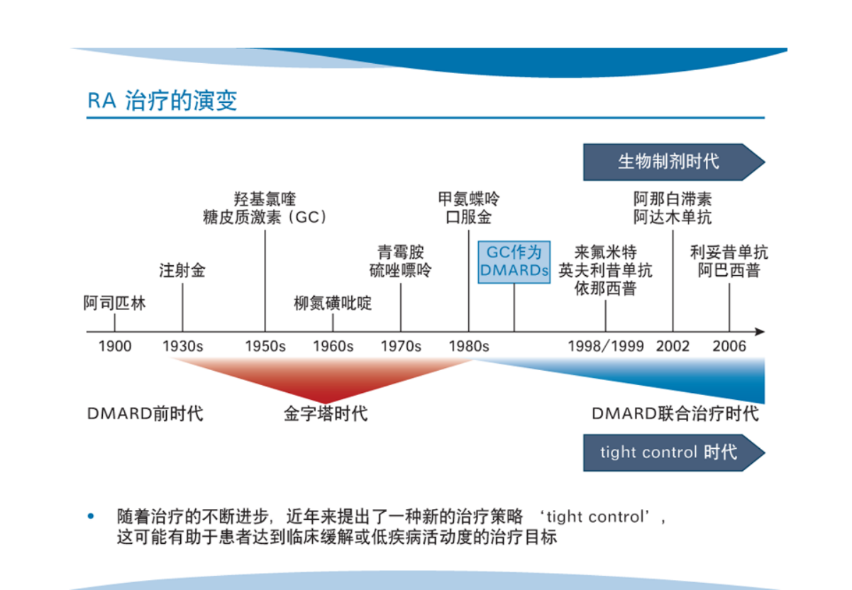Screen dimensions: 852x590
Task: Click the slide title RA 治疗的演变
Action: [x=162, y=100]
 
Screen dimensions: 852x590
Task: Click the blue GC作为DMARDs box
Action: [x=514, y=262]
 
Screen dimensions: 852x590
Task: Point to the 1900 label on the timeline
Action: [x=115, y=347]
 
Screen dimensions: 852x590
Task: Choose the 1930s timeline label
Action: [x=182, y=347]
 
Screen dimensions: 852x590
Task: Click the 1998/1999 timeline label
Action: [x=606, y=347]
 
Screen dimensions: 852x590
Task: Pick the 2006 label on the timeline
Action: [x=729, y=347]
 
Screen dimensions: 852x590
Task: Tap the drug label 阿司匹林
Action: [x=115, y=304]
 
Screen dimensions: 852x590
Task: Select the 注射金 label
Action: [x=182, y=271]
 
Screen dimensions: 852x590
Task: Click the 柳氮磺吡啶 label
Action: [x=333, y=304]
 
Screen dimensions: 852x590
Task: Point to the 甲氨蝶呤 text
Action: [x=468, y=199]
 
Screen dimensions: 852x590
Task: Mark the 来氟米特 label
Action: [x=605, y=252]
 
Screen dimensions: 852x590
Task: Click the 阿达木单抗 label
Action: [x=673, y=217]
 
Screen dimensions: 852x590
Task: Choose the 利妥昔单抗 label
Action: [x=729, y=252]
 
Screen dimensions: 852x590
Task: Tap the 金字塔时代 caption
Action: [x=326, y=413]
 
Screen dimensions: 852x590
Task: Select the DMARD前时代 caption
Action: [x=145, y=413]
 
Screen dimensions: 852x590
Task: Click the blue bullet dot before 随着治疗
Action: [x=90, y=516]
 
